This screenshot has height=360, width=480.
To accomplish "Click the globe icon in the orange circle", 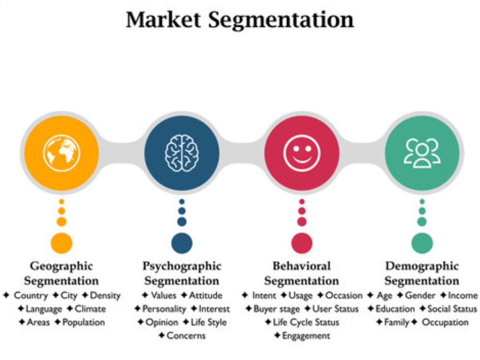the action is (61, 153).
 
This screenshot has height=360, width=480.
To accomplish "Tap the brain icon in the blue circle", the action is (182, 153).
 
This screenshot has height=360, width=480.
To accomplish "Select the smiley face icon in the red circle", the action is (302, 153).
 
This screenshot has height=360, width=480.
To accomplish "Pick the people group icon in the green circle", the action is (422, 153).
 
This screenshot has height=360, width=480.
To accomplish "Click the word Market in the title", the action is (164, 20).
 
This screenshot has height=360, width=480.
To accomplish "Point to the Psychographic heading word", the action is (182, 266).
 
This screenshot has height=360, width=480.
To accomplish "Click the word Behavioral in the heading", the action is (302, 266).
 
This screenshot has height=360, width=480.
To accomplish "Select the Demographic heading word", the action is (422, 266).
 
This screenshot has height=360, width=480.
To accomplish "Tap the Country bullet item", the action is (31, 296).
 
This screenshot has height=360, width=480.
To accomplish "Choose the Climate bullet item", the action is (90, 309).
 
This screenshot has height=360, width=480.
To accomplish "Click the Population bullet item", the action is (84, 323).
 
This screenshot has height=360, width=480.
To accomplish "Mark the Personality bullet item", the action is (164, 309).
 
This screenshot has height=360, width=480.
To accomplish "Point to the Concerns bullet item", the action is (186, 336).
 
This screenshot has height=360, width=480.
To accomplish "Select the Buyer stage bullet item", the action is (276, 309).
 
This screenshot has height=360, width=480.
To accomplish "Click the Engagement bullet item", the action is (306, 336).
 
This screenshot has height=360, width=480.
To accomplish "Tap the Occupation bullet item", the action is (445, 323).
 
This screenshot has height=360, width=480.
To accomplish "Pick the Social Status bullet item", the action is (452, 309).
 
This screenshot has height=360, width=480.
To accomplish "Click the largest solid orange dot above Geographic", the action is (61, 243).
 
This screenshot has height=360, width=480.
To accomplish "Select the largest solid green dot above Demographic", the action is (422, 243).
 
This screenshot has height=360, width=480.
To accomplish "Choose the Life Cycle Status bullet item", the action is (306, 323).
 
